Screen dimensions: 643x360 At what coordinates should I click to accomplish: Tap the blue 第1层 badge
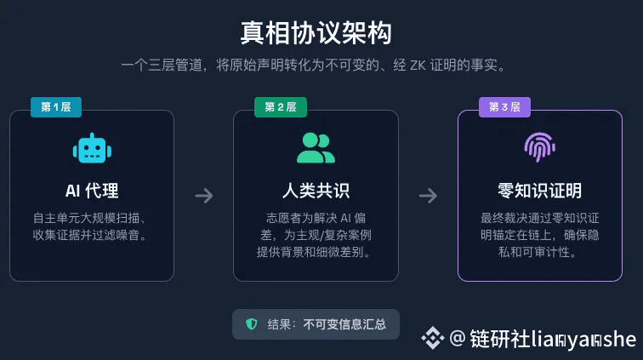tap(55, 107)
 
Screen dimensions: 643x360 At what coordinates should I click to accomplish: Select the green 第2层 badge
tap(280, 107)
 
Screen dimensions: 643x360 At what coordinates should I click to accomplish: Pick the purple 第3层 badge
tap(504, 107)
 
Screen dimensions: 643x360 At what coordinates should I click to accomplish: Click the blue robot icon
tap(92, 148)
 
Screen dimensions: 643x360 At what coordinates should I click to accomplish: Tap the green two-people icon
tap(316, 148)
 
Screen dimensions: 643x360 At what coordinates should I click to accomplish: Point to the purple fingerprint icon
tap(539, 148)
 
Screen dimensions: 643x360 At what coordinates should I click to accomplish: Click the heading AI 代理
tap(92, 190)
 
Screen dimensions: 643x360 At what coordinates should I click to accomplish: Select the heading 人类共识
tap(316, 190)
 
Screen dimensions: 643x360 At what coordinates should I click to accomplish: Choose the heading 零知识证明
tap(539, 190)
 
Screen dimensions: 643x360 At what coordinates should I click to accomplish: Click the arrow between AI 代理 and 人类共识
tap(204, 196)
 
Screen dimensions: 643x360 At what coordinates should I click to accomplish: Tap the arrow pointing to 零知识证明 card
tap(428, 196)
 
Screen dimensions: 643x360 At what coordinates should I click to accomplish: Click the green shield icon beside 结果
tap(251, 324)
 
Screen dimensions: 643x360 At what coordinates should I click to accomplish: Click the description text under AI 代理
tap(92, 226)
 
